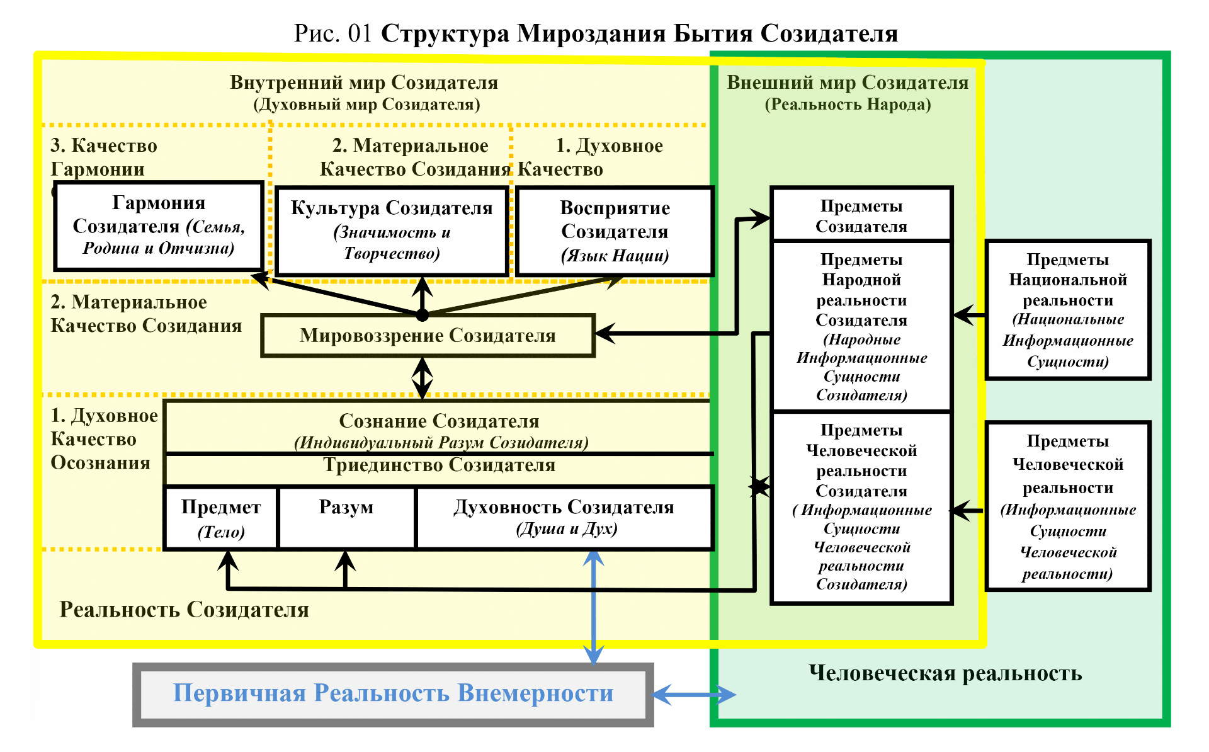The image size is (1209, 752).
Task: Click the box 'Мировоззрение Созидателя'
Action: tap(428, 336)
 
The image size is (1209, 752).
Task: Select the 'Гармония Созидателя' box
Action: tap(159, 225)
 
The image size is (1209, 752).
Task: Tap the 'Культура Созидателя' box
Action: tap(392, 231)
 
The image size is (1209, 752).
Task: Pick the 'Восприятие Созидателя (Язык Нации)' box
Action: tap(615, 231)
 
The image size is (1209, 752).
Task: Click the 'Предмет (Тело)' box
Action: tap(221, 518)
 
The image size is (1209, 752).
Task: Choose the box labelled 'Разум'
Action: tap(346, 517)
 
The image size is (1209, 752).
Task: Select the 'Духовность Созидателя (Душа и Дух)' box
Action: tap(564, 517)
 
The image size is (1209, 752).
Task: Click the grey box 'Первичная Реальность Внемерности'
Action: tap(393, 694)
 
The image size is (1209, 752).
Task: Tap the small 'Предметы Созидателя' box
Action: tap(861, 215)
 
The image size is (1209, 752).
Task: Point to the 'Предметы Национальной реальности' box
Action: tap(1068, 310)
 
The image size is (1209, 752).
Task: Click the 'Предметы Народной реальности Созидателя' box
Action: tap(861, 326)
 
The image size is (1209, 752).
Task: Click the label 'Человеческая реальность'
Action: tap(945, 673)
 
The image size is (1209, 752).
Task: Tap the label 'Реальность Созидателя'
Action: tap(184, 610)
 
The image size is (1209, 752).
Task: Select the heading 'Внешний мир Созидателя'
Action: tap(848, 83)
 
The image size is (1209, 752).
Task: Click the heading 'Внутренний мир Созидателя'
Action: tap(364, 83)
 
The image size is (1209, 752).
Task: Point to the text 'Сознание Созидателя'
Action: tap(439, 421)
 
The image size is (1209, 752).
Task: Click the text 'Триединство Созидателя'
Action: tap(439, 465)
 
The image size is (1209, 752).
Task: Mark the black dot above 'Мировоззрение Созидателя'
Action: tap(423, 315)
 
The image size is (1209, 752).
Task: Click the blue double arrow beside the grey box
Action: tap(693, 695)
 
